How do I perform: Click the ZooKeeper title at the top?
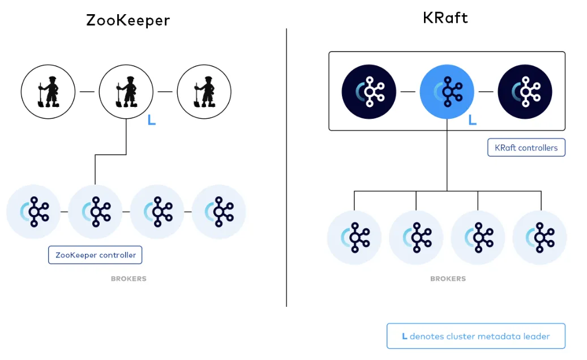(128, 20)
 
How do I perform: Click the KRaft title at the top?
(445, 18)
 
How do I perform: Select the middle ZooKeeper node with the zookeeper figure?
(126, 91)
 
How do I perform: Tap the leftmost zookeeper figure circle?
(48, 91)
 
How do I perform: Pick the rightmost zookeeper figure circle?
(204, 91)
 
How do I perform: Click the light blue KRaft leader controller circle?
(447, 91)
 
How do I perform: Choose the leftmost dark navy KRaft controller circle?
(369, 91)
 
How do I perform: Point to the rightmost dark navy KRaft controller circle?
(525, 91)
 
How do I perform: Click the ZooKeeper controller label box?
(95, 255)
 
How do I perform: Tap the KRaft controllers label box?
(526, 148)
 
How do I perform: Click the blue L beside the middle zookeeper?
(151, 120)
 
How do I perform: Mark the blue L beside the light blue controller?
(472, 121)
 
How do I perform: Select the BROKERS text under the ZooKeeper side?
(128, 278)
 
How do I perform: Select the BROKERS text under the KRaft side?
(448, 278)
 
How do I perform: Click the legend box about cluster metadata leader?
(475, 336)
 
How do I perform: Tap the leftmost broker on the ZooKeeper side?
(33, 212)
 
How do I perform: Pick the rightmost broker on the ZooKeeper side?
(219, 212)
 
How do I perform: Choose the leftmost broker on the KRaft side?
(354, 237)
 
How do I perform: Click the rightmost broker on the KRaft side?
(539, 237)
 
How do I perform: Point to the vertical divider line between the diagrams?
(286, 170)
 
